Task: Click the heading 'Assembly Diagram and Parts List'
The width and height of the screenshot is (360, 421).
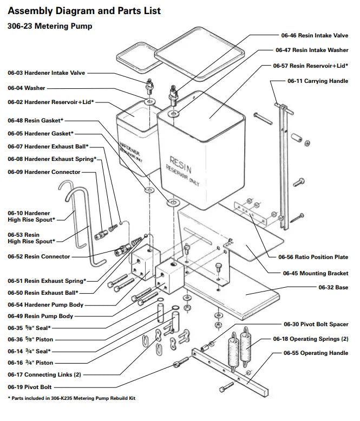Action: (x=84, y=11)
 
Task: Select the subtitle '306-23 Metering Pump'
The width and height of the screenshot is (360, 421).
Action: (x=50, y=27)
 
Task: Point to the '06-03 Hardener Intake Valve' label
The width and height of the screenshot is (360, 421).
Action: (x=47, y=73)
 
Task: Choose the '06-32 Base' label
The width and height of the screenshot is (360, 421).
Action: (x=333, y=287)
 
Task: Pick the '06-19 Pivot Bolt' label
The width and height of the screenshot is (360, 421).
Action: (x=30, y=387)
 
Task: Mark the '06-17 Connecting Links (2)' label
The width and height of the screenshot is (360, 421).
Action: (x=44, y=374)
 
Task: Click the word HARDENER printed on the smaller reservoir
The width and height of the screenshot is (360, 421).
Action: (x=130, y=148)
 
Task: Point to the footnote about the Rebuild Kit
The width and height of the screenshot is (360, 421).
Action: (x=71, y=398)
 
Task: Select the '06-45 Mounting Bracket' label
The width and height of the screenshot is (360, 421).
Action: (x=316, y=274)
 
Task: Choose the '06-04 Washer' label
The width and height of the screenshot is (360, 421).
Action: (x=27, y=88)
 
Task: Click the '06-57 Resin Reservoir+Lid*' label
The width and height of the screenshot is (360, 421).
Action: (x=310, y=66)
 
